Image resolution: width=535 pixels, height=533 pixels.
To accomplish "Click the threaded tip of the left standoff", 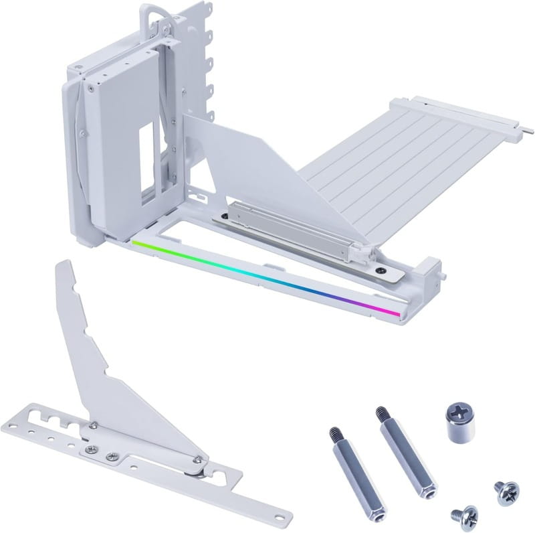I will (332, 433).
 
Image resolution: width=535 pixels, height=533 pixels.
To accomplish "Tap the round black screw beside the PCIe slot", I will (381, 271).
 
